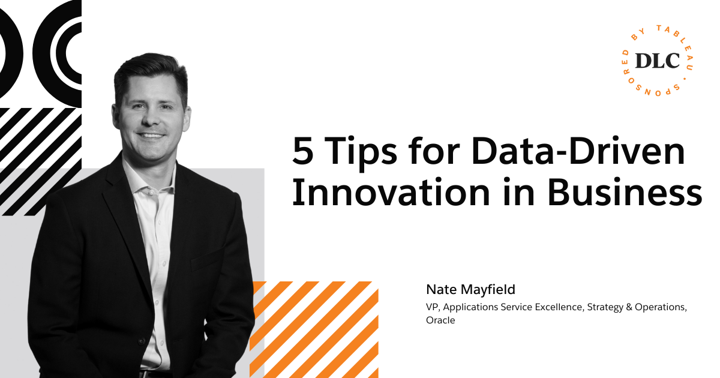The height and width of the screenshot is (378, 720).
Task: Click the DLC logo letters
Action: point(658,61)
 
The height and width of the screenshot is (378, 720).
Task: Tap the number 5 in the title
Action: point(302,151)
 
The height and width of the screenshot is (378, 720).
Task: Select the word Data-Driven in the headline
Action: point(578,151)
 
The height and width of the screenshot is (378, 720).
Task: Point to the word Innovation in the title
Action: point(391,191)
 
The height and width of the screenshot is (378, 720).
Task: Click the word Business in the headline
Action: point(625,191)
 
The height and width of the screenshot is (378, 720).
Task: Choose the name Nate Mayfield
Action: point(470,289)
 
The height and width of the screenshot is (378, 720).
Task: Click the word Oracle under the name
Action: point(440,320)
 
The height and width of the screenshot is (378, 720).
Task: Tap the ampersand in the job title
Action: point(629,307)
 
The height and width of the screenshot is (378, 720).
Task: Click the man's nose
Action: point(150,118)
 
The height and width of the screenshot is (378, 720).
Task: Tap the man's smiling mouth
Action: point(151,135)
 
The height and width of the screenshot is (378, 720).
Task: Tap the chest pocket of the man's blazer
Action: point(208,258)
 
